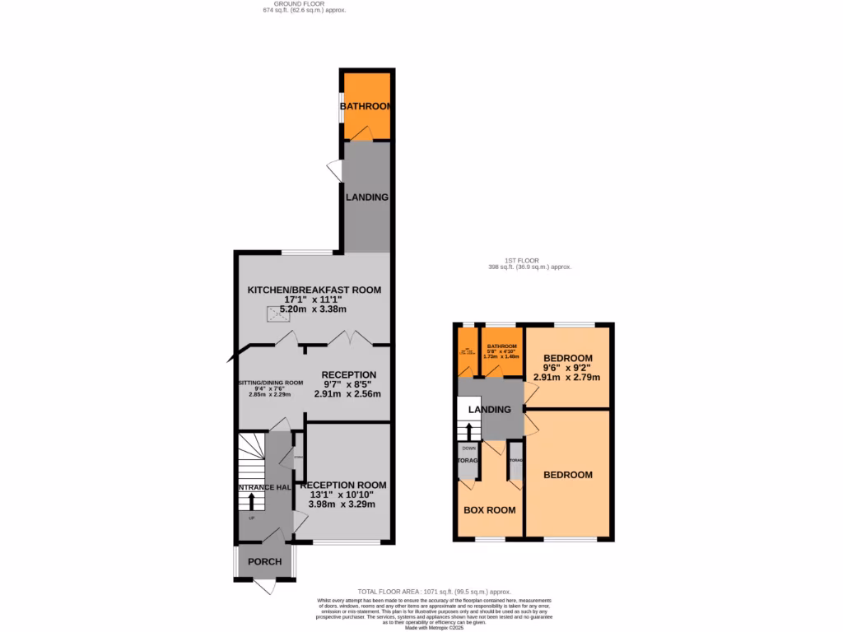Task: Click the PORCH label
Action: pyautogui.click(x=264, y=562)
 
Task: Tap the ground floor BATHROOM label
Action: pyautogui.click(x=367, y=106)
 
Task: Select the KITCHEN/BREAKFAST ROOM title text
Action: pyautogui.click(x=315, y=290)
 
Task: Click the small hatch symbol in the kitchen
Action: pyautogui.click(x=273, y=313)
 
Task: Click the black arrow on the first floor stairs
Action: pyautogui.click(x=469, y=430)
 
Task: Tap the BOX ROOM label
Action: pyautogui.click(x=490, y=510)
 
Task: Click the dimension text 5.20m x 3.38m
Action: pyautogui.click(x=314, y=309)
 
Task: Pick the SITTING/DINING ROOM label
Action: pyautogui.click(x=270, y=383)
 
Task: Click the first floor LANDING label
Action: pyautogui.click(x=489, y=410)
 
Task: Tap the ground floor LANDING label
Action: pyautogui.click(x=367, y=197)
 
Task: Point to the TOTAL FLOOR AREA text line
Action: pyautogui.click(x=435, y=592)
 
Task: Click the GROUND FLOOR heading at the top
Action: pyautogui.click(x=304, y=5)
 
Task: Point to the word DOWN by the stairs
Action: pyautogui.click(x=469, y=448)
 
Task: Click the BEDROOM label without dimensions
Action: pyautogui.click(x=567, y=475)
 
